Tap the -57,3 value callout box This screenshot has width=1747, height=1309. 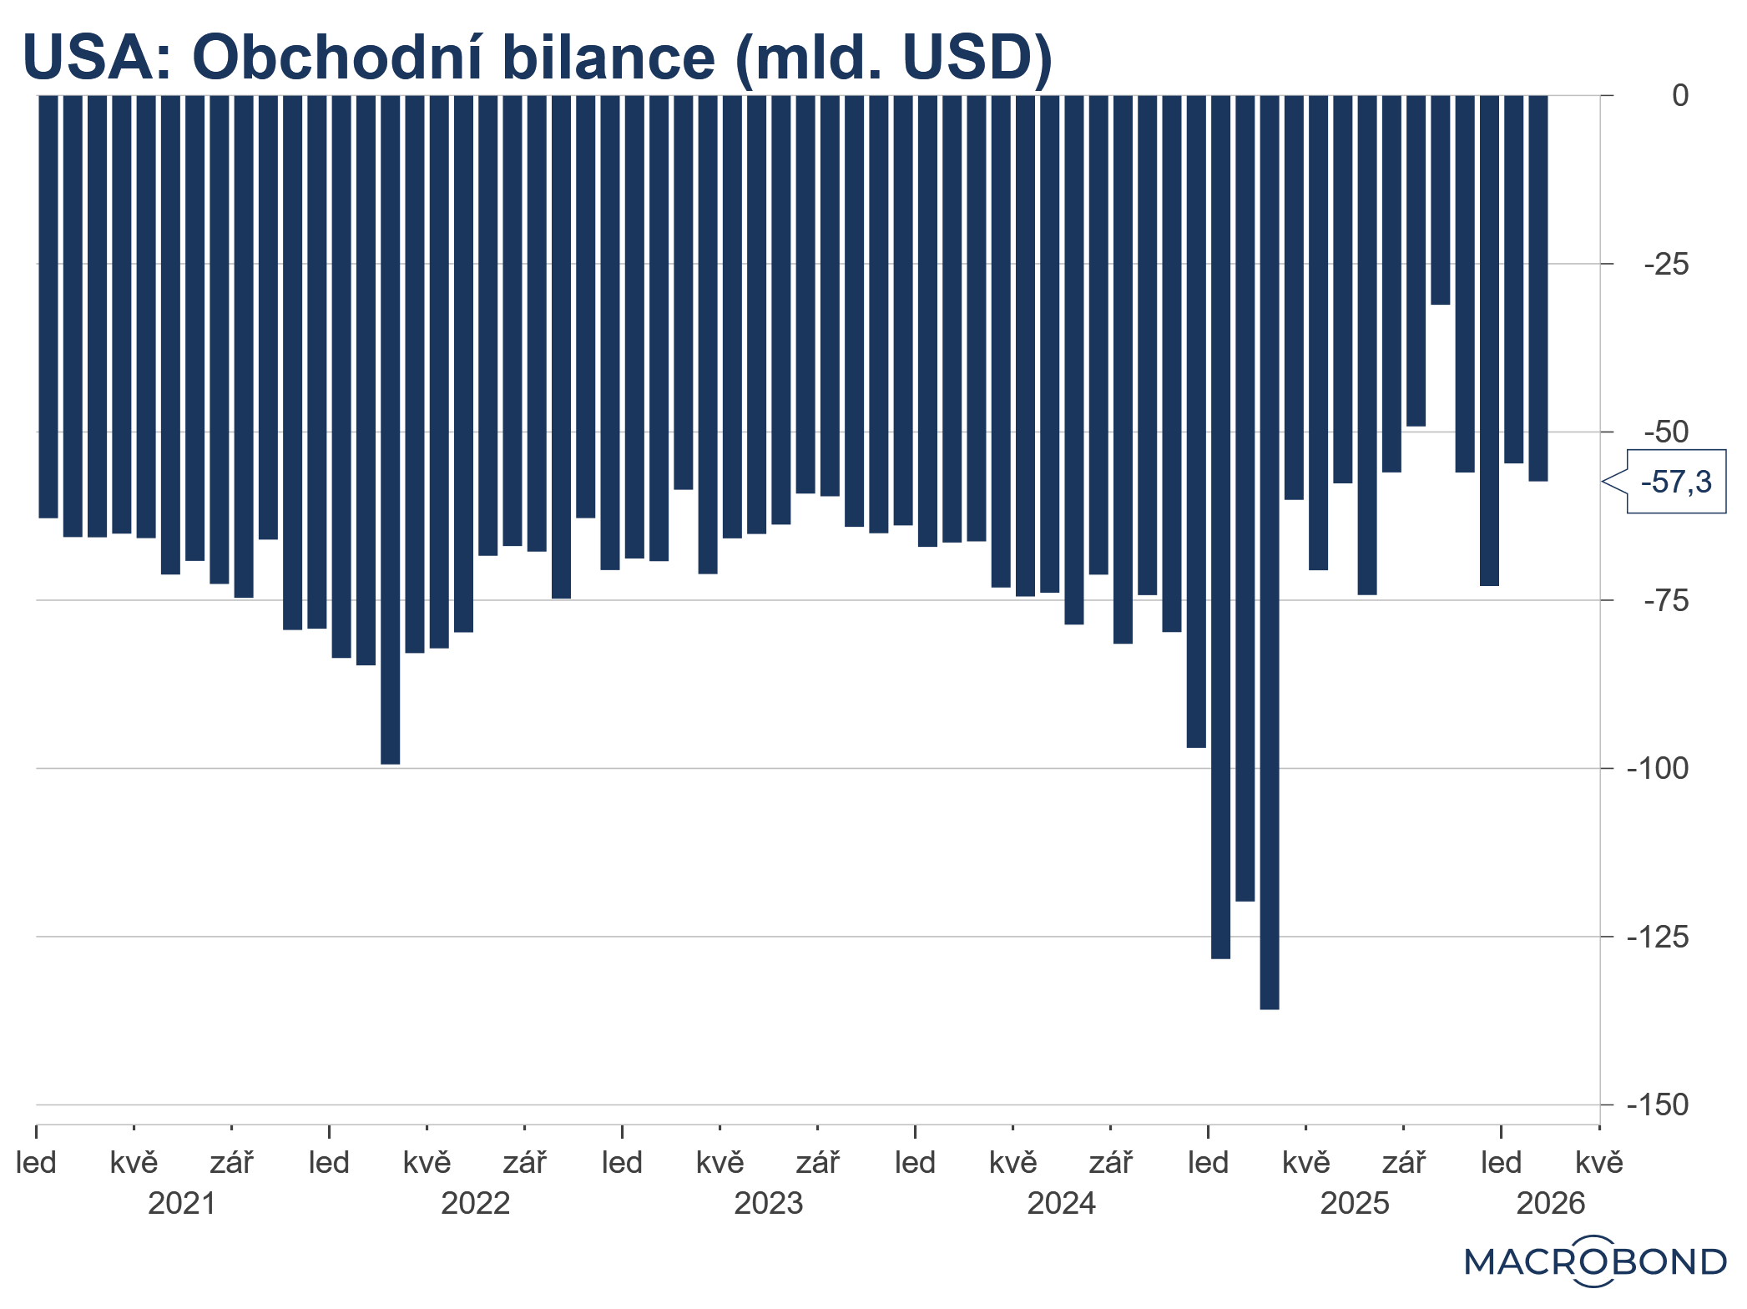click(1676, 482)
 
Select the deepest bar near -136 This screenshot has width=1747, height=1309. click(1269, 551)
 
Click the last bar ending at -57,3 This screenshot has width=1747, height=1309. click(1537, 288)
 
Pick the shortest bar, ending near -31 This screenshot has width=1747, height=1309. click(1440, 200)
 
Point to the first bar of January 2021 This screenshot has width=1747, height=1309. click(48, 306)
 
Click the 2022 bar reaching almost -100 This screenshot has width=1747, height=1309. click(390, 429)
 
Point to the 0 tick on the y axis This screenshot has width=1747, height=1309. click(1679, 96)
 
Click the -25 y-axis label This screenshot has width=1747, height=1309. click(1665, 265)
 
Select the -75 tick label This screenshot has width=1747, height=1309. click(1665, 601)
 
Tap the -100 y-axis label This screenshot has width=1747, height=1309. click(1657, 769)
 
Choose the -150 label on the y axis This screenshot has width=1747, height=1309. click(1657, 1105)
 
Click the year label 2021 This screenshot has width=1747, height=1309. click(182, 1204)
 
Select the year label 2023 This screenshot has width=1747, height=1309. click(768, 1204)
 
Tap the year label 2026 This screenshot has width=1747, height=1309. click(1550, 1204)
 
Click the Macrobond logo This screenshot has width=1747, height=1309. click(1594, 1261)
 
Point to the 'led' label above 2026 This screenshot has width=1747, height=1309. click(1501, 1163)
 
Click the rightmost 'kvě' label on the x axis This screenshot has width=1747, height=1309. click(1598, 1163)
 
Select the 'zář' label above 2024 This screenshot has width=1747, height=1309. click(1110, 1163)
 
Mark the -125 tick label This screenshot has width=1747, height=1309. click(1657, 938)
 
